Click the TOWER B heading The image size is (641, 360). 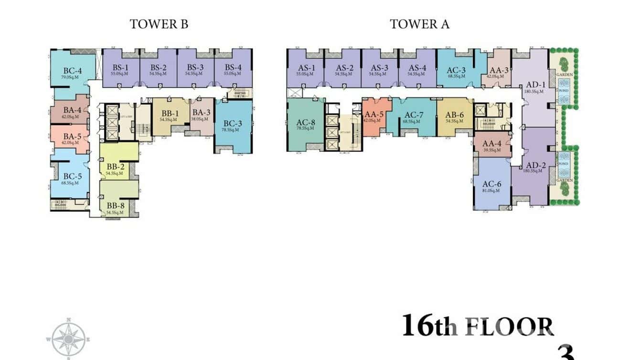[x=159, y=24]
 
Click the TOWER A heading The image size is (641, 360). [x=419, y=24]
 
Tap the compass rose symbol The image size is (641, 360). [x=68, y=339]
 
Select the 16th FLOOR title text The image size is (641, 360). [x=478, y=326]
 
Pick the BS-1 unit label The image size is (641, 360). [x=121, y=68]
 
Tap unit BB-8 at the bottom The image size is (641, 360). [x=115, y=207]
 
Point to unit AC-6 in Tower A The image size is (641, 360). [x=491, y=185]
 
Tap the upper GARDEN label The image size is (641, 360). [x=565, y=74]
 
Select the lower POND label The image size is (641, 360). [x=564, y=164]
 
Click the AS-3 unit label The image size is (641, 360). [x=379, y=68]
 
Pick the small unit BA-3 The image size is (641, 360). [x=202, y=115]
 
